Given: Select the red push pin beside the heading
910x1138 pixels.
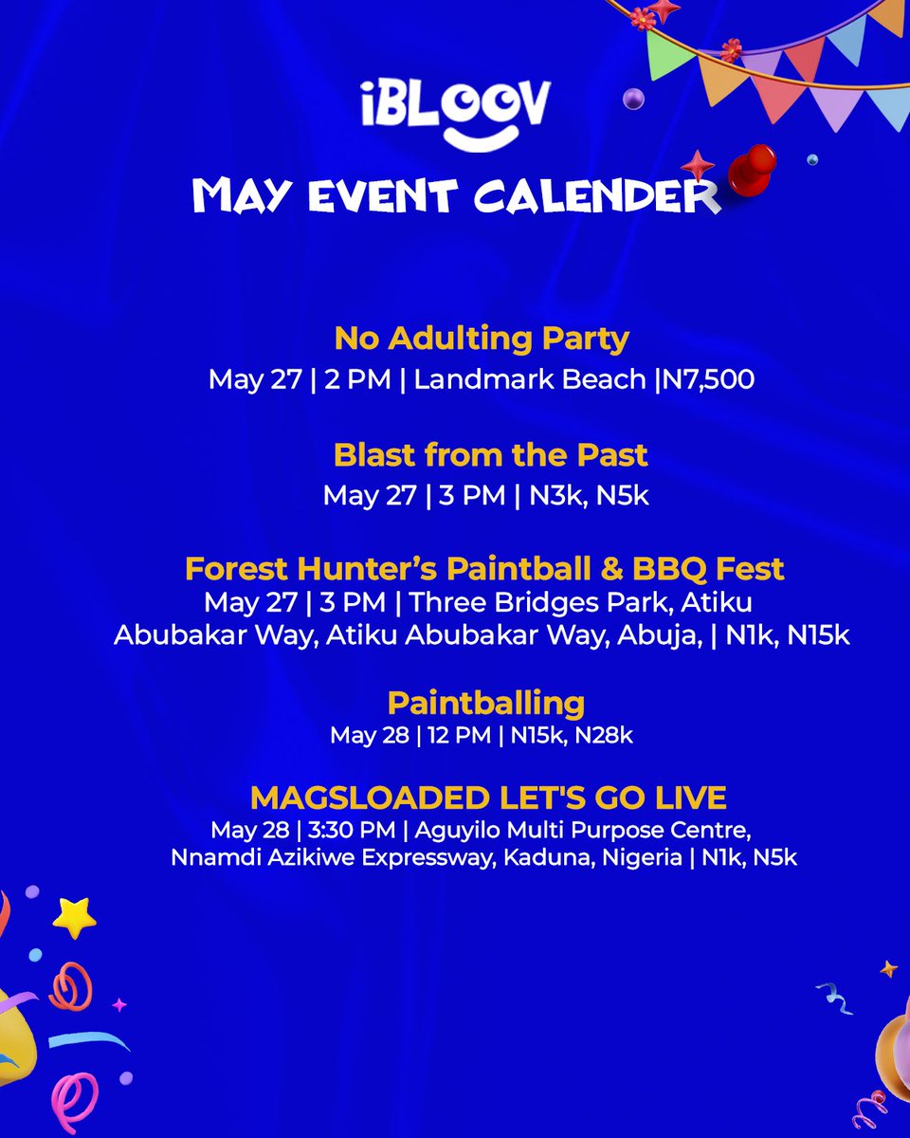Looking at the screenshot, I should (755, 169).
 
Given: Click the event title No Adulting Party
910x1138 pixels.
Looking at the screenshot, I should (482, 339).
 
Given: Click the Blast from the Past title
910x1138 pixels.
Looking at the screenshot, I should (490, 455).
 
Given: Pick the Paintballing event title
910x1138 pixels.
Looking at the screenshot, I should (485, 704).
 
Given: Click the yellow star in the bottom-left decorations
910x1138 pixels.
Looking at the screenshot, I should (74, 917).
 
